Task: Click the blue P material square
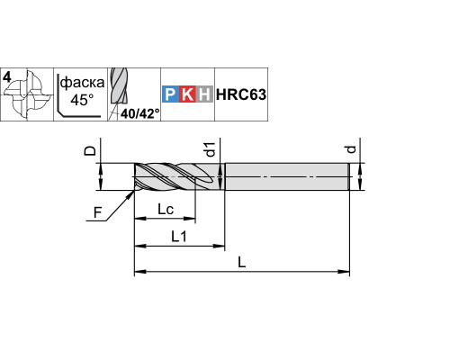[x=171, y=94]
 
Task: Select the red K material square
[x=187, y=94]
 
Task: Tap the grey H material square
[x=204, y=94]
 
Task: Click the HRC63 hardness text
[x=241, y=94]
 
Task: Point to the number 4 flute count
[x=7, y=77]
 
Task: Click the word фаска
[x=82, y=82]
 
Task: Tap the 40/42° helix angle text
[x=140, y=113]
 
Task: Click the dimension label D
[x=90, y=151]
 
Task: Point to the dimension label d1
[x=211, y=149]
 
